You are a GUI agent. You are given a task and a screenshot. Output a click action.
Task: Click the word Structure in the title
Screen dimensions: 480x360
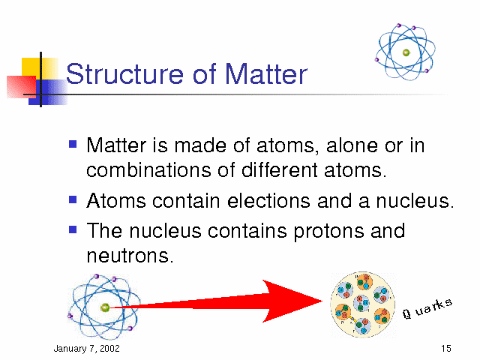[x=124, y=73]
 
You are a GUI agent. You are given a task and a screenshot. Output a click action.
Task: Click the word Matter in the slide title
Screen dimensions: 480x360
[x=266, y=73]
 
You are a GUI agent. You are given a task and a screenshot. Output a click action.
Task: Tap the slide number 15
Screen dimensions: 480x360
[x=446, y=348]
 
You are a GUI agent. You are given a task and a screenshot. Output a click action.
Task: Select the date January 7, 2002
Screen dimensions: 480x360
[x=87, y=349]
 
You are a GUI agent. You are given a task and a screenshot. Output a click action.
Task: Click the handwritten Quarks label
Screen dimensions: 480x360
[x=427, y=308]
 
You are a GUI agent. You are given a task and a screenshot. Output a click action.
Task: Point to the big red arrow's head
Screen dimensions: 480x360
[x=292, y=301]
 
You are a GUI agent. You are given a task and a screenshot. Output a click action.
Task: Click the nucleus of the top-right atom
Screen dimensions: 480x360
[x=406, y=52]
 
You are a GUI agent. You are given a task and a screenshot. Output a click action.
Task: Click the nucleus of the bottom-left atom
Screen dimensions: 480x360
[x=105, y=307]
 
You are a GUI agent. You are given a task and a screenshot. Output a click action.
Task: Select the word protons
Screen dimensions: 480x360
[x=328, y=232]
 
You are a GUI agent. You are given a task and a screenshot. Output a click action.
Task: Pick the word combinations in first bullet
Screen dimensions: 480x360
[x=148, y=170]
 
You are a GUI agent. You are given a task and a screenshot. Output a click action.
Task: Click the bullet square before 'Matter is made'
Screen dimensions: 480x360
[x=73, y=144]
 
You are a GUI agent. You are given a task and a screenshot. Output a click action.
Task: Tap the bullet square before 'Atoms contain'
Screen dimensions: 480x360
[x=73, y=199]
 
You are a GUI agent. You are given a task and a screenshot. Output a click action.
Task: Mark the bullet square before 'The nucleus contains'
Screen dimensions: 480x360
[x=73, y=229]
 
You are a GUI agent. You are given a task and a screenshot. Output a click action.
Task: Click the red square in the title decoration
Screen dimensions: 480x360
[x=22, y=87]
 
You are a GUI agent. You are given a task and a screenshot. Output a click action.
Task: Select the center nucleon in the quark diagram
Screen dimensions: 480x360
[x=361, y=303]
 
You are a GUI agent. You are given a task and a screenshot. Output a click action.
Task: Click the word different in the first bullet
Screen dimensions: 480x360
[x=280, y=169]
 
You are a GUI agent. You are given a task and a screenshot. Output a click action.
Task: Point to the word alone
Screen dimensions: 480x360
[x=352, y=145]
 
